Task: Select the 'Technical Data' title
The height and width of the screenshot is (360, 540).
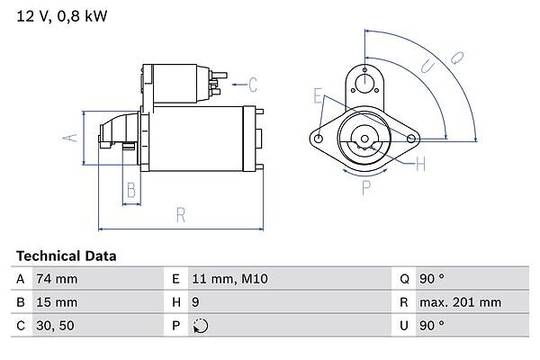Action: pyautogui.click(x=66, y=256)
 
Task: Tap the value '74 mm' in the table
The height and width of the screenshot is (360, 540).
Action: pyautogui.click(x=56, y=279)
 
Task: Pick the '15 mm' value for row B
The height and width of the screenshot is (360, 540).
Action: pyautogui.click(x=56, y=302)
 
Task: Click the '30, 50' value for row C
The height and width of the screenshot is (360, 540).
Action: pyautogui.click(x=55, y=326)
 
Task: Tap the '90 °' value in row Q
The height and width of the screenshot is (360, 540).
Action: pyautogui.click(x=433, y=279)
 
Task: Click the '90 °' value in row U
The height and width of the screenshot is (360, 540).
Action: pyautogui.click(x=433, y=326)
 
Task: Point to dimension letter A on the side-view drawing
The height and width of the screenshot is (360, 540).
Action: pyautogui.click(x=66, y=138)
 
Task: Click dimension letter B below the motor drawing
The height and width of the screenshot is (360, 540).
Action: pyautogui.click(x=130, y=190)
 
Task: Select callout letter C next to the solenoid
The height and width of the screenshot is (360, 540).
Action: pyautogui.click(x=253, y=85)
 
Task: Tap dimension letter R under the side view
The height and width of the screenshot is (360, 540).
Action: pyautogui.click(x=180, y=214)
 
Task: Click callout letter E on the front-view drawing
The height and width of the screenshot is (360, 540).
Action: pyautogui.click(x=318, y=94)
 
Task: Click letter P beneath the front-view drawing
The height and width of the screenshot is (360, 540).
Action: pyautogui.click(x=365, y=188)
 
